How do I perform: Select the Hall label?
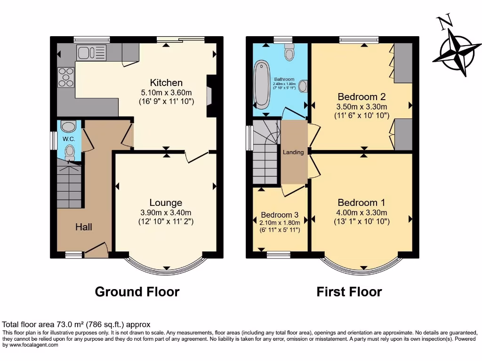[x=84, y=227]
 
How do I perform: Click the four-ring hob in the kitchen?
[x=66, y=77]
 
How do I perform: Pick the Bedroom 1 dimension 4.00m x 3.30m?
[x=361, y=212]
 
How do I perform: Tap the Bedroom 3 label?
[x=280, y=213]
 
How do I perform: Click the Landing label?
[x=293, y=152]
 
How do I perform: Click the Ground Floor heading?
[x=137, y=291]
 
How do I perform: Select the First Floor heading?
[x=349, y=291]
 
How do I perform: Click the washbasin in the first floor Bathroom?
[x=304, y=86]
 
